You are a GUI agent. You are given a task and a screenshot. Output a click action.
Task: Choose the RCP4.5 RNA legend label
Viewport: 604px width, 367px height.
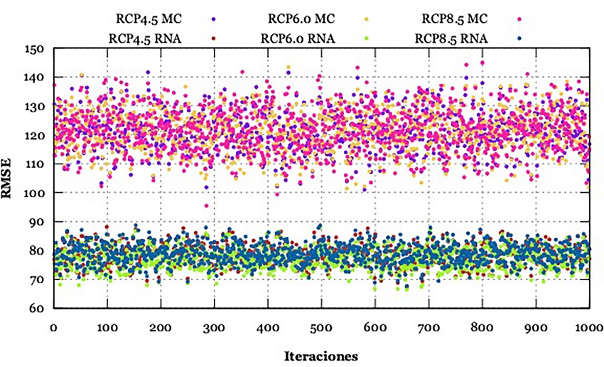tap(145, 38)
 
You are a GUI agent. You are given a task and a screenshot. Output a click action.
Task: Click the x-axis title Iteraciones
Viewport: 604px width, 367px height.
tap(321, 354)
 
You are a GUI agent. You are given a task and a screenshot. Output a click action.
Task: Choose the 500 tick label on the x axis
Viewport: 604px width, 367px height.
tap(321, 329)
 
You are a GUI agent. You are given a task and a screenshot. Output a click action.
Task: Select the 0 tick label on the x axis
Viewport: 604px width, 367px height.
tap(53, 329)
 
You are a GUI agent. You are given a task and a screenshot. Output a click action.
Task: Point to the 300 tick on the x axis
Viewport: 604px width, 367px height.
tap(214, 329)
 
